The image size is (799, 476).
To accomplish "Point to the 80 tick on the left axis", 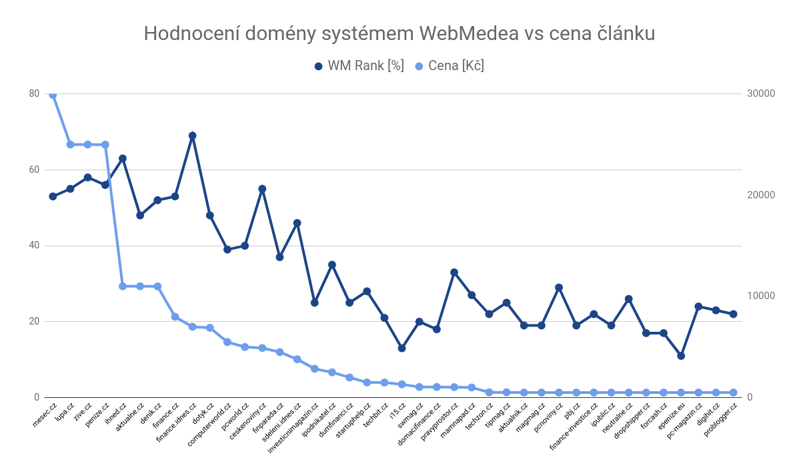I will (x=34, y=93).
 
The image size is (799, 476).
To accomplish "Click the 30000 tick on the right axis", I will (x=761, y=93).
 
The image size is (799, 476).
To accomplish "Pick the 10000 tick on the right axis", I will (x=761, y=296).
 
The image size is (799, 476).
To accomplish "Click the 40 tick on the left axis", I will (x=34, y=246).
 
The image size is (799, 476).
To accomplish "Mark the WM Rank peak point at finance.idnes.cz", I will (x=192, y=136).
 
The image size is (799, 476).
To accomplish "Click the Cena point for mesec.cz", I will (x=53, y=95).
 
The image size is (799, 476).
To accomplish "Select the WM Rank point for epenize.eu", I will (x=681, y=356).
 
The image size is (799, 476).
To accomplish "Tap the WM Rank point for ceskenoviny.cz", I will (x=262, y=189).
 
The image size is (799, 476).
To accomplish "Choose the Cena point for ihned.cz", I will (x=123, y=286).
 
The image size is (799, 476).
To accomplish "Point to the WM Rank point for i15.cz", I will (x=402, y=348).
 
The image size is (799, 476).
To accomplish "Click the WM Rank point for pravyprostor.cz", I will (x=454, y=272).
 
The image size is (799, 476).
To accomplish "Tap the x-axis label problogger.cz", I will (x=720, y=419).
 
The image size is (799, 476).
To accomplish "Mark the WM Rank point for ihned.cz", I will (x=123, y=158).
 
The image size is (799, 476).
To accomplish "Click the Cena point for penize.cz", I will (x=105, y=145).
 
